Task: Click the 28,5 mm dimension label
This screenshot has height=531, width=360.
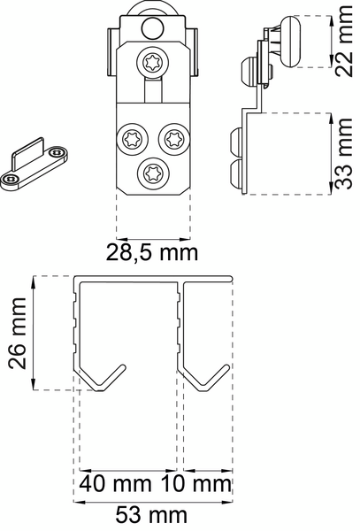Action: pos(154,253)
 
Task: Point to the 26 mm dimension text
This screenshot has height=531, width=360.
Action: pos(15,334)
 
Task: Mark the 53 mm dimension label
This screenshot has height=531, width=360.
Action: pos(151,514)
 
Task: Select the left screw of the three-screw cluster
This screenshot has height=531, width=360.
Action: pos(134,137)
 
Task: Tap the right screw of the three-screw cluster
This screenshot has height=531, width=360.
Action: pos(171,138)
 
